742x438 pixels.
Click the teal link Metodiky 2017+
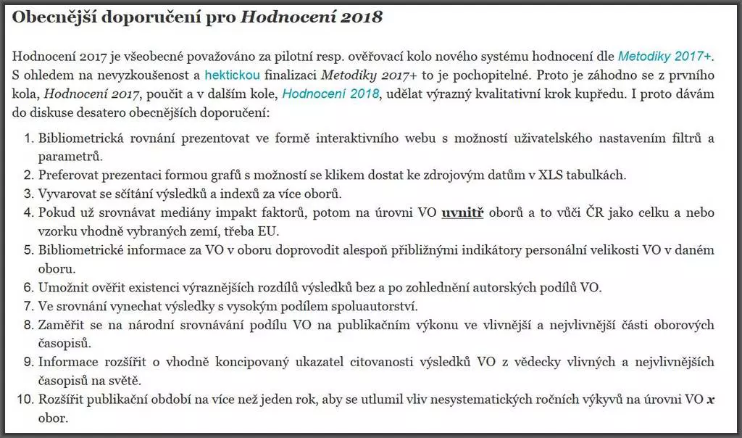pyautogui.click(x=665, y=56)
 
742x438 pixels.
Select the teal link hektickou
pyautogui.click(x=232, y=75)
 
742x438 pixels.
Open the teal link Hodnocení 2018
pyautogui.click(x=330, y=94)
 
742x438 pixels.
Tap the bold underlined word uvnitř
pyautogui.click(x=464, y=213)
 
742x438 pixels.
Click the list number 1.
pyautogui.click(x=29, y=139)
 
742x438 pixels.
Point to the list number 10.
pyautogui.click(x=26, y=400)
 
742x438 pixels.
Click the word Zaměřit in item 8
pyautogui.click(x=61, y=325)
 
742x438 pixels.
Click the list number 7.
pyautogui.click(x=29, y=306)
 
